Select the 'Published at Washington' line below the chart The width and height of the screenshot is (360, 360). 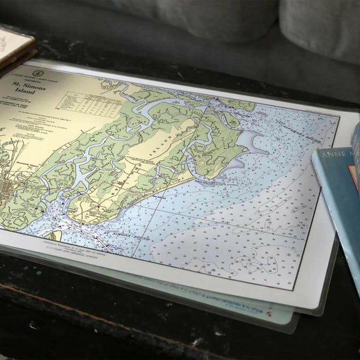(102, 247)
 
